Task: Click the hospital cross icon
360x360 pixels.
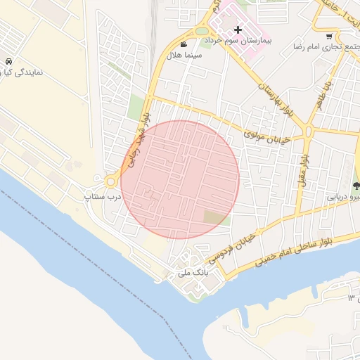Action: point(238,30)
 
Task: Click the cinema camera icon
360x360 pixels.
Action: point(184,44)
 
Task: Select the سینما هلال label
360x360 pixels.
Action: point(184,55)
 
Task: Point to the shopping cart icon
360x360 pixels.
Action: point(330,36)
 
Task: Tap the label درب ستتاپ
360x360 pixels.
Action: point(103,196)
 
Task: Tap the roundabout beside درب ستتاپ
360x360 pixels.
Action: point(111,181)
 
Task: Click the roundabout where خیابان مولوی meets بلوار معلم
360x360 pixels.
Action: point(309,131)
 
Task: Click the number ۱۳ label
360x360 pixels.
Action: point(352,299)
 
